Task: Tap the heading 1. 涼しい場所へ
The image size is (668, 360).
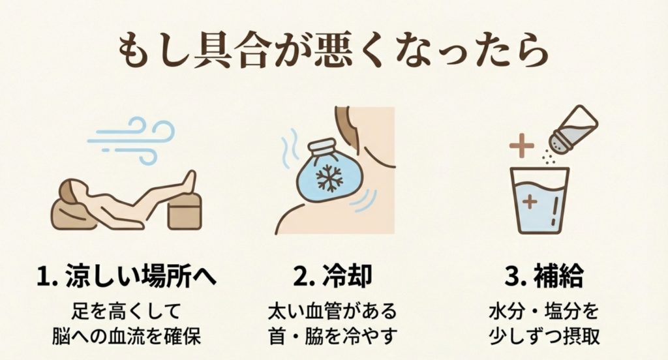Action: [123, 277]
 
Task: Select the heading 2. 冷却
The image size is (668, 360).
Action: [333, 277]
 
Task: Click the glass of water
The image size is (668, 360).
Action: [539, 199]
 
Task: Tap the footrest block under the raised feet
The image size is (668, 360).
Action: [183, 210]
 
